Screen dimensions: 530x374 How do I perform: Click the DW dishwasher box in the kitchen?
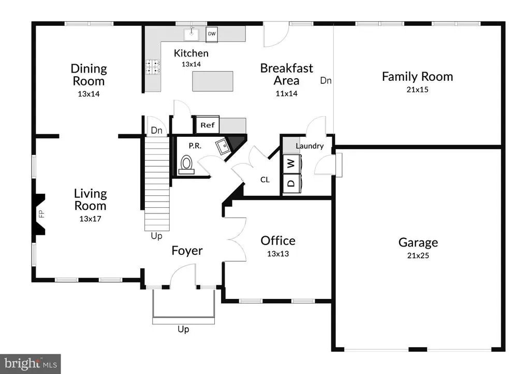pyautogui.click(x=212, y=34)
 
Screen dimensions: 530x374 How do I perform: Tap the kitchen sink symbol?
pyautogui.click(x=192, y=34)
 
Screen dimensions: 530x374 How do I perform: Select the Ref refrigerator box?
pyautogui.click(x=208, y=125)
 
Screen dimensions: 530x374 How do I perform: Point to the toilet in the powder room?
pyautogui.click(x=186, y=165)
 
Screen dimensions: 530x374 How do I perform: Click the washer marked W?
pyautogui.click(x=291, y=164)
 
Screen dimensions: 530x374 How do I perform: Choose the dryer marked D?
pyautogui.click(x=291, y=183)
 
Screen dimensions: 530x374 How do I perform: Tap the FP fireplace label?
pyautogui.click(x=41, y=214)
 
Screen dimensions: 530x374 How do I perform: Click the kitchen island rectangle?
pyautogui.click(x=213, y=81)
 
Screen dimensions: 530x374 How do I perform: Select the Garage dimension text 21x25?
pyautogui.click(x=418, y=256)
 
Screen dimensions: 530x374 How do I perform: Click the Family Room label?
pyautogui.click(x=418, y=77)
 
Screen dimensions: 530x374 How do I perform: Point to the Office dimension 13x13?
pyautogui.click(x=278, y=254)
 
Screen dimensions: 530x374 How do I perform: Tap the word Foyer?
pyautogui.click(x=187, y=251)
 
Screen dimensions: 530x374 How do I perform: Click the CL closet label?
pyautogui.click(x=265, y=180)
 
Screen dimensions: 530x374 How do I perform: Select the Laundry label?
pyautogui.click(x=310, y=146)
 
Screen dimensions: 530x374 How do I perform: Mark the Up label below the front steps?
pyautogui.click(x=183, y=329)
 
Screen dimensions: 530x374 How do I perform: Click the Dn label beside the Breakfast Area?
pyautogui.click(x=326, y=80)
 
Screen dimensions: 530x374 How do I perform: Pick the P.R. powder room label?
pyautogui.click(x=195, y=146)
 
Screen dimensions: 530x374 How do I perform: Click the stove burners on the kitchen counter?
pyautogui.click(x=153, y=67)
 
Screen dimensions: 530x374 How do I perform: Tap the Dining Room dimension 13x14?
pyautogui.click(x=89, y=94)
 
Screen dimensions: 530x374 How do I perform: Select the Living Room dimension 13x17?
pyautogui.click(x=90, y=219)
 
